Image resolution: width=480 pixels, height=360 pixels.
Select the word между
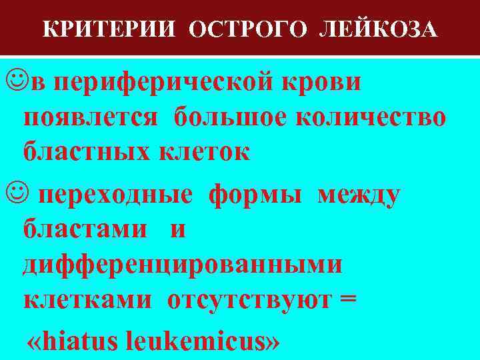click(x=359, y=195)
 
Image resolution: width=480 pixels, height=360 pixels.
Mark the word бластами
click(x=85, y=230)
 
